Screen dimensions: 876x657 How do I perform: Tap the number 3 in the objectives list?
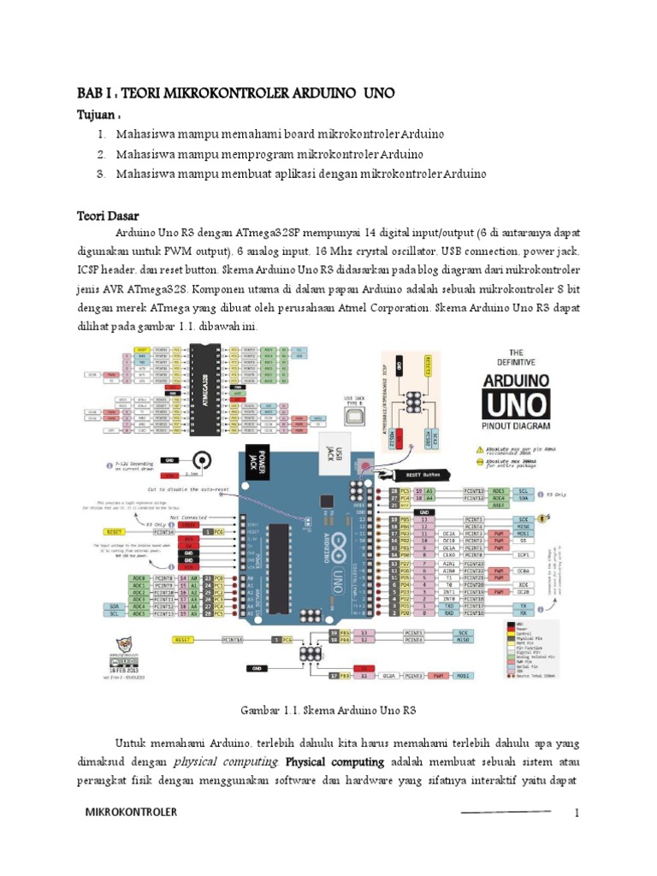pos(100,174)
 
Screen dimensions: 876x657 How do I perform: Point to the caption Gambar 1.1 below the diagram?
pos(328,710)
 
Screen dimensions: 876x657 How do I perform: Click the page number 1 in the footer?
pos(577,813)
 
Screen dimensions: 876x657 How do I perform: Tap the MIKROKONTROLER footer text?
pos(131,813)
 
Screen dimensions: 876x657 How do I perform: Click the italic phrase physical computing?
pos(226,761)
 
